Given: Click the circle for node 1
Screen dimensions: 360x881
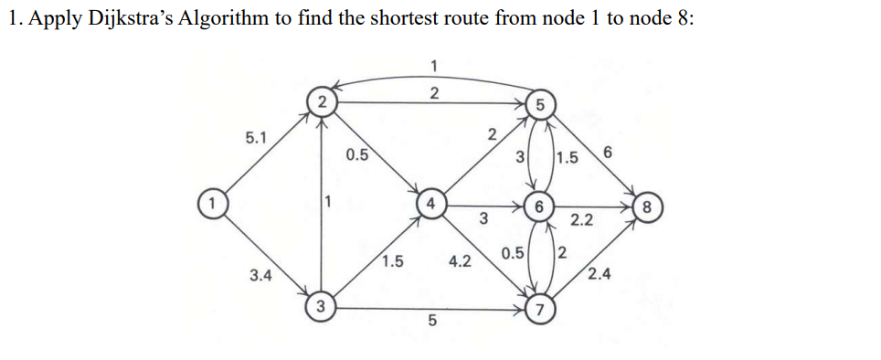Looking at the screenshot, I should [212, 201].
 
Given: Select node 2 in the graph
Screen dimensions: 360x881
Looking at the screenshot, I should [322, 101].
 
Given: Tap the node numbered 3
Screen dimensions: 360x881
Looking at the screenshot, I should [322, 305].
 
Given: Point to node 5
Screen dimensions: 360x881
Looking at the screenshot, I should [540, 104].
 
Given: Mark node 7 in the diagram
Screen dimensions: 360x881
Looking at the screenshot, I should [540, 307].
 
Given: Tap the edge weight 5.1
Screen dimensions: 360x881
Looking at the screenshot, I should [257, 138].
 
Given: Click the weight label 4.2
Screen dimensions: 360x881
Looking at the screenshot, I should [460, 261].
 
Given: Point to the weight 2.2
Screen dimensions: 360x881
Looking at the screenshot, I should [582, 221].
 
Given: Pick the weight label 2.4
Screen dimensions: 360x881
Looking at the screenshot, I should [600, 273].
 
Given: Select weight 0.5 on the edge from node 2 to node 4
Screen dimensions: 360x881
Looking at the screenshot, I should [357, 154].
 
